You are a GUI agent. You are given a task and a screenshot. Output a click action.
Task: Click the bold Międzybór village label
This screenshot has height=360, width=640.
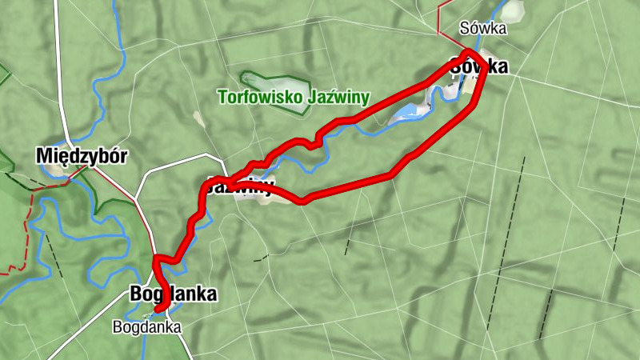click(82, 156)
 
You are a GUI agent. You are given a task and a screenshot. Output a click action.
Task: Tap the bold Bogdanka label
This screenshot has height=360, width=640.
click(173, 294)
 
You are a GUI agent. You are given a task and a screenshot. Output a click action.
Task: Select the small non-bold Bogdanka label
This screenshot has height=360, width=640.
click(147, 326)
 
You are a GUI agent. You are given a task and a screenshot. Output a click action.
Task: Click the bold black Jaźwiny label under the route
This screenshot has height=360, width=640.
click(240, 188)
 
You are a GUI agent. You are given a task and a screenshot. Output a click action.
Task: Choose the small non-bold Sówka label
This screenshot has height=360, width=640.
click(483, 29)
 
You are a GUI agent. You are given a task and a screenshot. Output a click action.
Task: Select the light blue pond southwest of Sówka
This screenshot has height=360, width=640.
click(408, 111)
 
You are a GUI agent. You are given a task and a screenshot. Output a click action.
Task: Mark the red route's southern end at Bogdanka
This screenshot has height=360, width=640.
click(159, 308)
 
